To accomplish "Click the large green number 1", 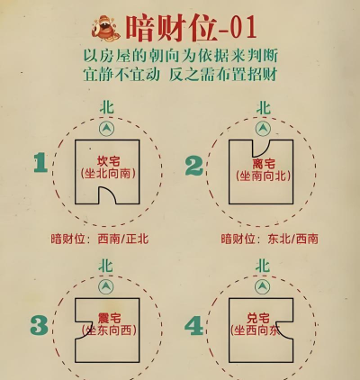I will (x=40, y=163).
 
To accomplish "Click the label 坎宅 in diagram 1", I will (x=107, y=159).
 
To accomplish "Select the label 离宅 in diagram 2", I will (x=264, y=163).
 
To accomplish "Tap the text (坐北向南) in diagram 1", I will (x=107, y=174).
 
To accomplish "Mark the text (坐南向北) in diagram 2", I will (x=264, y=177).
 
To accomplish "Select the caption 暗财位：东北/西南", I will (x=269, y=240).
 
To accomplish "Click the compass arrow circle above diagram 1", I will (x=107, y=129).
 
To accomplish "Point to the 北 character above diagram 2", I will (x=263, y=108).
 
